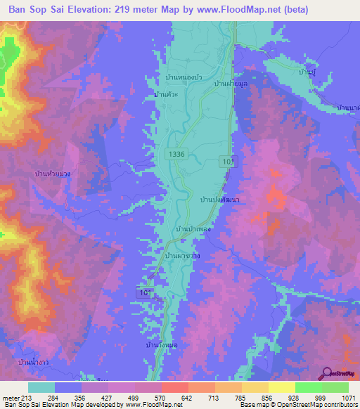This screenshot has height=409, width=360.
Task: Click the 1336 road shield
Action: (176, 153)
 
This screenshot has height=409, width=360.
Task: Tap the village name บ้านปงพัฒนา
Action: (221, 200)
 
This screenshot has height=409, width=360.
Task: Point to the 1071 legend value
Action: (339, 398)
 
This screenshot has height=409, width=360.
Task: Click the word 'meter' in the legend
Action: (12, 398)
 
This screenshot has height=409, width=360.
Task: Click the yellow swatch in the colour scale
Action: (282, 387)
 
